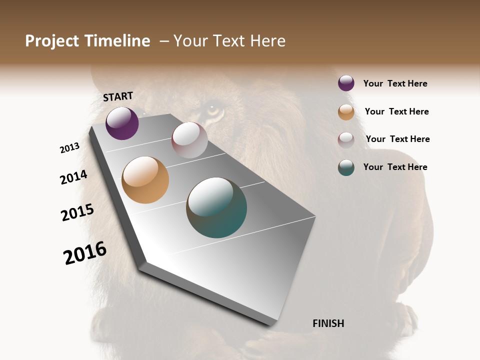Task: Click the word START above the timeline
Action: click(x=118, y=96)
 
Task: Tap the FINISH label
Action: click(x=328, y=323)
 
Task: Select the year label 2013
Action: click(x=69, y=148)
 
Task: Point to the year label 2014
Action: click(x=73, y=177)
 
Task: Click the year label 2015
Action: click(x=77, y=212)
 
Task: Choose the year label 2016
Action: click(x=85, y=253)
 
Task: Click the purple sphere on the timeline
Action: click(x=122, y=123)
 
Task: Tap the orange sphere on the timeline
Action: click(x=145, y=180)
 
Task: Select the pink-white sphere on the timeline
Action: click(x=189, y=140)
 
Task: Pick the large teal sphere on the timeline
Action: click(x=216, y=207)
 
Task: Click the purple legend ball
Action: click(x=346, y=83)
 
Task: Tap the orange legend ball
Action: click(x=346, y=112)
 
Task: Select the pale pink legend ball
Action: click(x=346, y=140)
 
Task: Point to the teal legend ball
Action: click(x=346, y=167)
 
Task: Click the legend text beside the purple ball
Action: click(x=395, y=83)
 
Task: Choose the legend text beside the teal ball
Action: click(x=395, y=167)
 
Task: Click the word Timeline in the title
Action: click(x=117, y=41)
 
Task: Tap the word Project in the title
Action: click(x=51, y=41)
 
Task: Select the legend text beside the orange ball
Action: click(x=396, y=111)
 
